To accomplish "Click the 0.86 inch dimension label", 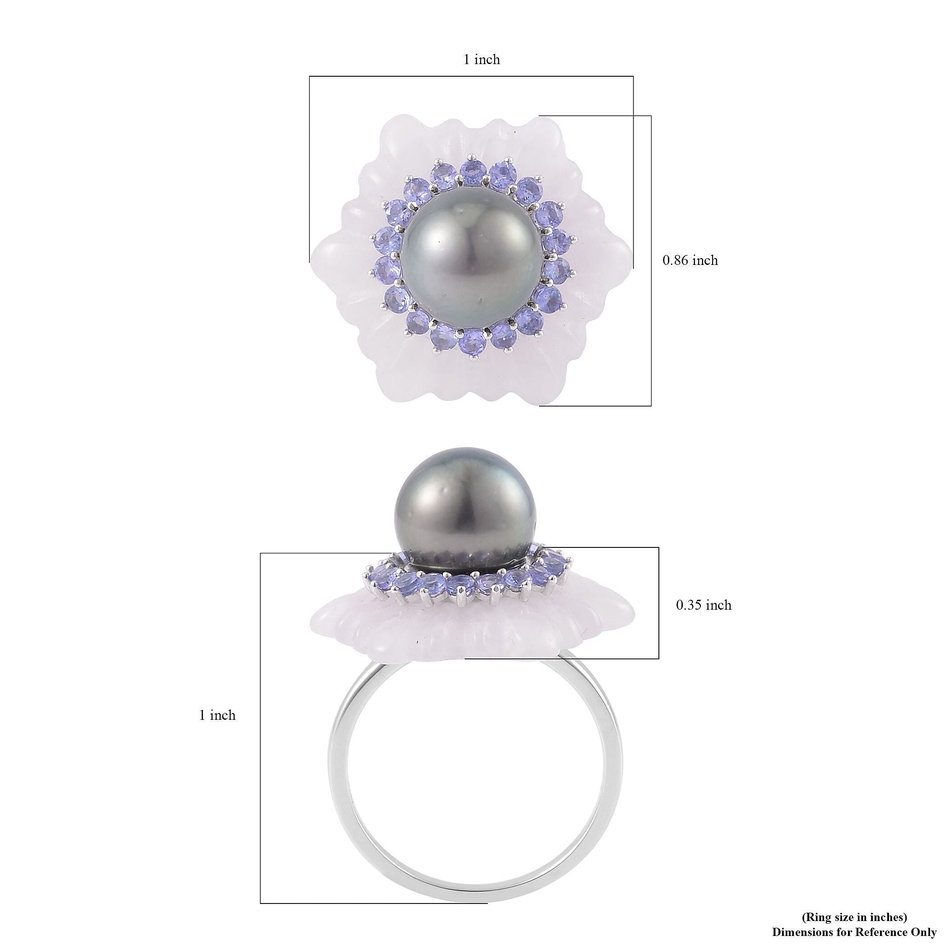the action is point(690,260).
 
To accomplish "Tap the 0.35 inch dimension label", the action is point(704,605).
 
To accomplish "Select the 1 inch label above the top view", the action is point(482,59).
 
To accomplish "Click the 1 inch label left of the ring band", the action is point(217,715).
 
